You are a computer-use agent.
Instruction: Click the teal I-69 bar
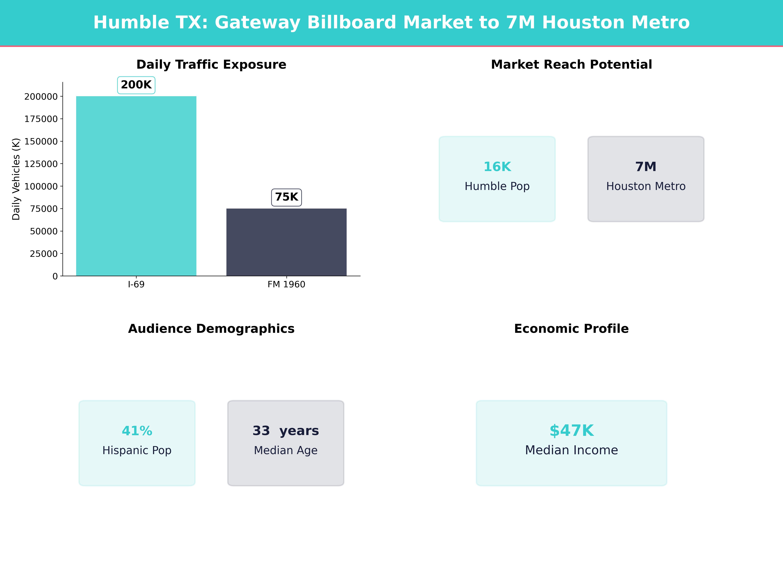tap(136, 186)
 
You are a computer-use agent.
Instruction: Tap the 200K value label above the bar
tap(136, 85)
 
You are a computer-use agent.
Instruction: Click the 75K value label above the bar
tap(286, 197)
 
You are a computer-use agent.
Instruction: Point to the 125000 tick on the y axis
tap(41, 164)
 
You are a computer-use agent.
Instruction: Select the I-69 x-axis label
tap(136, 285)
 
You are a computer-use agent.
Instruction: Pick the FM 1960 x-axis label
tap(286, 285)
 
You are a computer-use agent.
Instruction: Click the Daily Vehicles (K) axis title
tap(16, 179)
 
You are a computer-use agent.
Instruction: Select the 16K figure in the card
tap(497, 167)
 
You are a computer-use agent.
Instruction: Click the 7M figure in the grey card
tap(646, 167)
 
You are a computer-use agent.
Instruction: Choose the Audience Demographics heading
tap(211, 329)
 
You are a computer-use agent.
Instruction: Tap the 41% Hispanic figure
tap(137, 431)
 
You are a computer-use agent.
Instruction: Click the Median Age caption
tap(286, 450)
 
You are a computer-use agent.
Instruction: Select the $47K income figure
tap(571, 431)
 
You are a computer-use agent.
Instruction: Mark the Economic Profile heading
tap(571, 329)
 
